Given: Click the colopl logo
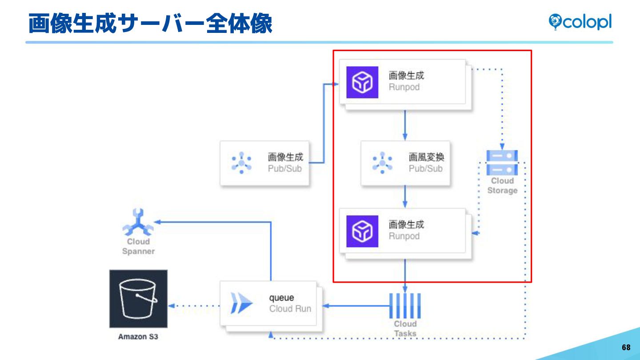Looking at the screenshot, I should click(x=580, y=22).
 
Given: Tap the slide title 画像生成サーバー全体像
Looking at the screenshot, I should click(x=150, y=24).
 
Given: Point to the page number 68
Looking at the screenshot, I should click(x=626, y=348).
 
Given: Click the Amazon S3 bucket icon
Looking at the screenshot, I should click(x=138, y=299).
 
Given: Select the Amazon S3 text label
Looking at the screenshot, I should click(x=138, y=336).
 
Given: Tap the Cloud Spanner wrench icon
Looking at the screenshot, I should click(x=138, y=222).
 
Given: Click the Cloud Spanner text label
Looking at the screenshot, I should click(x=138, y=247).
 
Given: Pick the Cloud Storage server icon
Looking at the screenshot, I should click(x=502, y=163).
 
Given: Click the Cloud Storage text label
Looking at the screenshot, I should click(x=502, y=186).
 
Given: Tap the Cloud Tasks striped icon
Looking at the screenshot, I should click(x=405, y=306).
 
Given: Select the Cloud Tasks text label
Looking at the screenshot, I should click(x=405, y=328).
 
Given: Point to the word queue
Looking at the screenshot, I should click(x=281, y=298).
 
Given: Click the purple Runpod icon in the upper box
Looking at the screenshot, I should click(x=362, y=82).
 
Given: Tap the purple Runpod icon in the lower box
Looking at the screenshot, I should click(x=362, y=231).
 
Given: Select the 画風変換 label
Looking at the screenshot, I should click(x=426, y=157).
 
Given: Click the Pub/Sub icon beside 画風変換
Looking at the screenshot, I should click(x=382, y=163).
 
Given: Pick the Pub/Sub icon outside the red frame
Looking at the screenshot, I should click(x=241, y=163).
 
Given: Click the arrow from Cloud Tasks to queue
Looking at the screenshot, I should click(x=356, y=306).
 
